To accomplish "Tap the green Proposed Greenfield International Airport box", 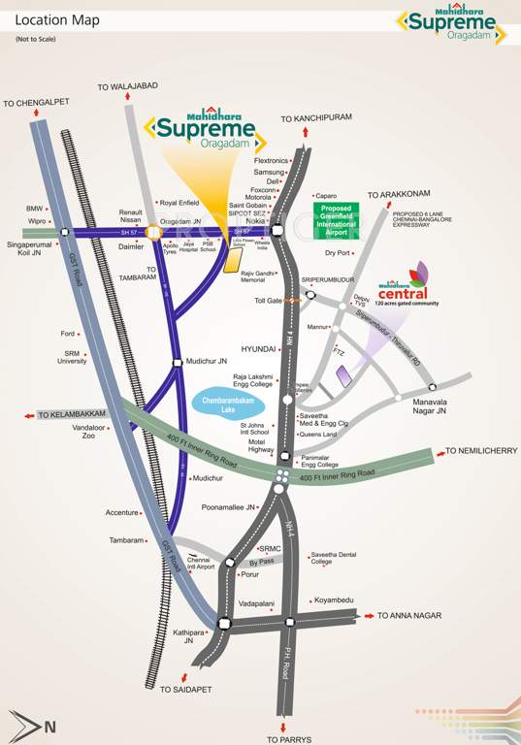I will tap(338, 221).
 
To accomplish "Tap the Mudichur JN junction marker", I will tap(177, 363).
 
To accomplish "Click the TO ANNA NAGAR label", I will tap(409, 616).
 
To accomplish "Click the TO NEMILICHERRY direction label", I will tap(480, 451).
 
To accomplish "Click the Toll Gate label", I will tap(267, 301).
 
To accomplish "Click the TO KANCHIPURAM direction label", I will tap(315, 118).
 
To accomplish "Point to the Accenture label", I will tap(122, 512).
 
